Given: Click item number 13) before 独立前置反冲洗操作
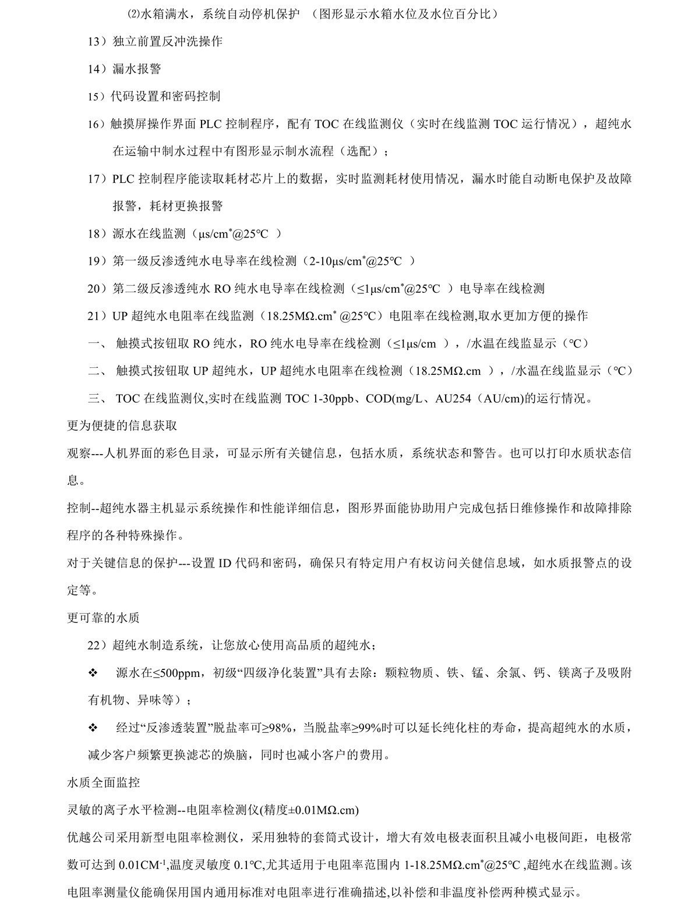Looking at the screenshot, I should tap(97, 41).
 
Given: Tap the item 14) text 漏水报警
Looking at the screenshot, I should tap(136, 69).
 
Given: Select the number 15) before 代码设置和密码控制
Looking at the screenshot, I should tap(97, 97).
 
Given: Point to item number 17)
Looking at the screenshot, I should tap(97, 179).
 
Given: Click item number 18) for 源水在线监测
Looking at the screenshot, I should tap(97, 234).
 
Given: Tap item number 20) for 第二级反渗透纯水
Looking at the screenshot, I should tap(97, 289).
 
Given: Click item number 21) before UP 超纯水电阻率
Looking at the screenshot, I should tap(97, 316).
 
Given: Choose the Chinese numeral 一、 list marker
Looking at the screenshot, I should tap(97, 343).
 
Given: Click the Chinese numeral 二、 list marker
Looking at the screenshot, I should tap(97, 371).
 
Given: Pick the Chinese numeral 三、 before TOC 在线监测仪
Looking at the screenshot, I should tap(97, 399).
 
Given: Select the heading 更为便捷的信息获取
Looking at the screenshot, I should tap(122, 426).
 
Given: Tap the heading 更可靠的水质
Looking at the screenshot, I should tap(103, 618).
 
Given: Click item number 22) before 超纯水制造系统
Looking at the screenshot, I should tap(97, 645).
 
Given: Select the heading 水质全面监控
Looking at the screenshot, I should tap(103, 782).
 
